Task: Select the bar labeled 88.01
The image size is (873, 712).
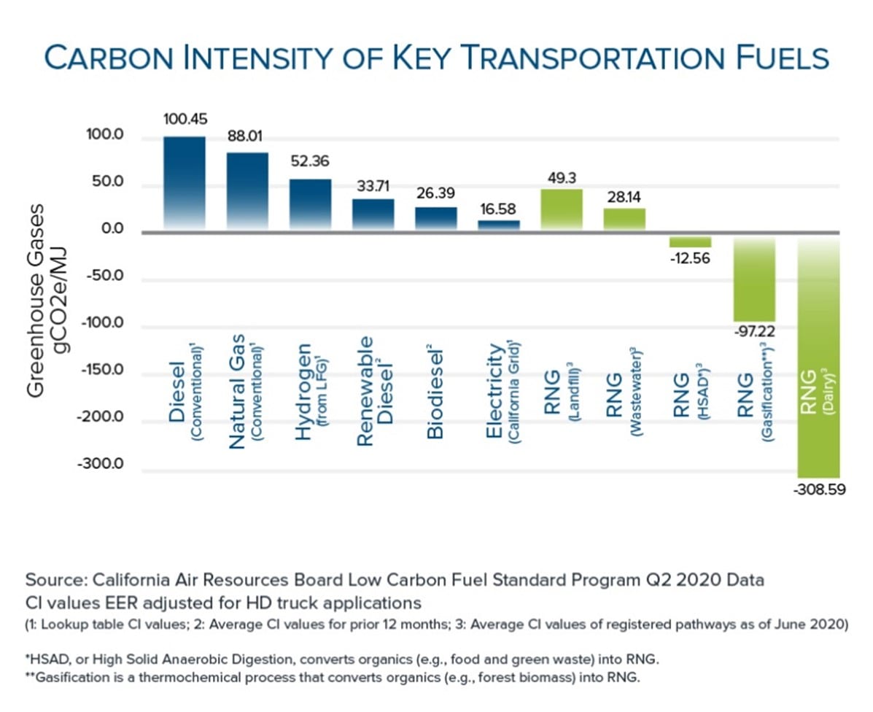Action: (247, 192)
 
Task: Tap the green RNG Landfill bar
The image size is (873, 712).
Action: (561, 210)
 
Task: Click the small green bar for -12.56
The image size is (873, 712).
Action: (689, 241)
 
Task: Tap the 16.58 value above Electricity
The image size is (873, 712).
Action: (499, 209)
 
